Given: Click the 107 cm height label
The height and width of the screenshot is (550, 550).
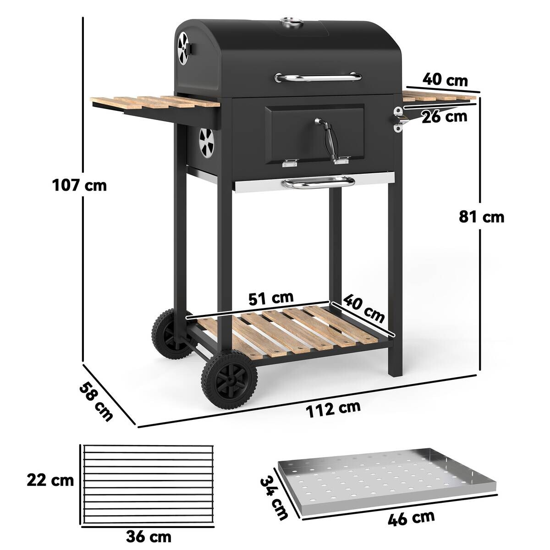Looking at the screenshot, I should coord(79,186).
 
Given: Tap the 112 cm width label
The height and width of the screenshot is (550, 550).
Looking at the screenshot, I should coord(333,407).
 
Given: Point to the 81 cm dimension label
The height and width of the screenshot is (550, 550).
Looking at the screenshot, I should coord(481,216).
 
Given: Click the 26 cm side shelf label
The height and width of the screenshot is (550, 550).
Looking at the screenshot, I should coord(444,116).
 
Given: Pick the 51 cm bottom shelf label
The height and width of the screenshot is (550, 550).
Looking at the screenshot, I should coord(271,298).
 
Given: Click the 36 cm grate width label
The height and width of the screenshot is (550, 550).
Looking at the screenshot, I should coord(148,536).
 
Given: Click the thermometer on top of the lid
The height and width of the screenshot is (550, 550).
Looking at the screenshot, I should coord(288,22).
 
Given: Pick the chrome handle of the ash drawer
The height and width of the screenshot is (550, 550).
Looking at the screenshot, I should coord(319,184).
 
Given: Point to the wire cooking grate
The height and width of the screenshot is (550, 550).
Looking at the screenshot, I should coord(148,485).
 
